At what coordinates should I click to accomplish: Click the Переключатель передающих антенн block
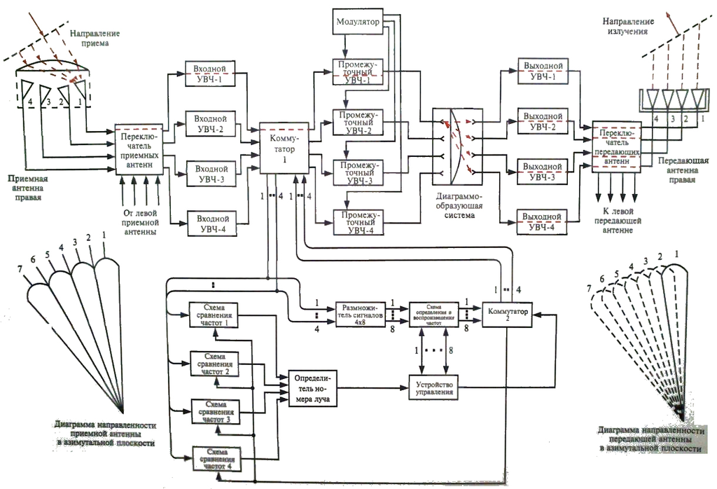coord(616,147)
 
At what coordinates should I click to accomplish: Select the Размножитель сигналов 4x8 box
coord(361,312)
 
